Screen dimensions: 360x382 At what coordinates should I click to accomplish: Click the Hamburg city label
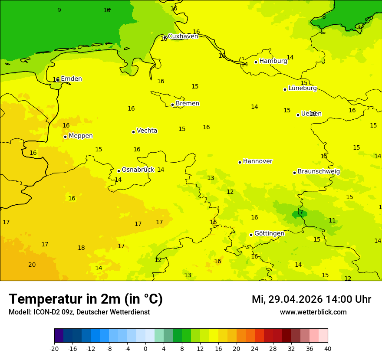pos(273,61)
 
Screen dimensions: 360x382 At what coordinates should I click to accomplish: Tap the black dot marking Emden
pos(58,80)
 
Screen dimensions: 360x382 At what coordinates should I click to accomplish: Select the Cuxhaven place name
pos(183,36)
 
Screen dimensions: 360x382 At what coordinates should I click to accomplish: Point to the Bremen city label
pos(187,104)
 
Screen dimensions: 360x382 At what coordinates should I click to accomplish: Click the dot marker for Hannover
pos(240,162)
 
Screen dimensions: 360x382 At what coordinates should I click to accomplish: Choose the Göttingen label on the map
pos(269,233)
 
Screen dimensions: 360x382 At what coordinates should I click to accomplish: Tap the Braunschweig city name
pos(319,172)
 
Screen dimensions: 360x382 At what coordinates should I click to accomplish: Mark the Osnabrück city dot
pos(119,171)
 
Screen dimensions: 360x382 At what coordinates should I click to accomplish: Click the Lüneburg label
pos(302,88)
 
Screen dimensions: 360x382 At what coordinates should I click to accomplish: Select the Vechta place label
pos(147,131)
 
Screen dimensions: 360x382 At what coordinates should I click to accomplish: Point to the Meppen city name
pos(80,136)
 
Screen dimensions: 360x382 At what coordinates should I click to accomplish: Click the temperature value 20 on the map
pos(32,265)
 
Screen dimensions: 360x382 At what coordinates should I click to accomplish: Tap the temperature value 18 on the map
pos(81,248)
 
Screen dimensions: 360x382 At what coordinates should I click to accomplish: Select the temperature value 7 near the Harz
pos(301,213)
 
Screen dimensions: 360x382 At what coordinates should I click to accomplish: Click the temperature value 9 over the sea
pos(59,10)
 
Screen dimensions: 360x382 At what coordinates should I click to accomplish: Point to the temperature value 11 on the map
pos(332,221)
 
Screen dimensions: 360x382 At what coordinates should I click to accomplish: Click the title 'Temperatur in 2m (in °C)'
pos(86,299)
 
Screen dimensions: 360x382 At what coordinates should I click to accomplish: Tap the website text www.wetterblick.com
pos(313,312)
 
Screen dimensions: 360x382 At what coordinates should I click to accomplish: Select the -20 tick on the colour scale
pos(54,348)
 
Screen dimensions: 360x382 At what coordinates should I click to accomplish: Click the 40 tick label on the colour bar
pos(327,348)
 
